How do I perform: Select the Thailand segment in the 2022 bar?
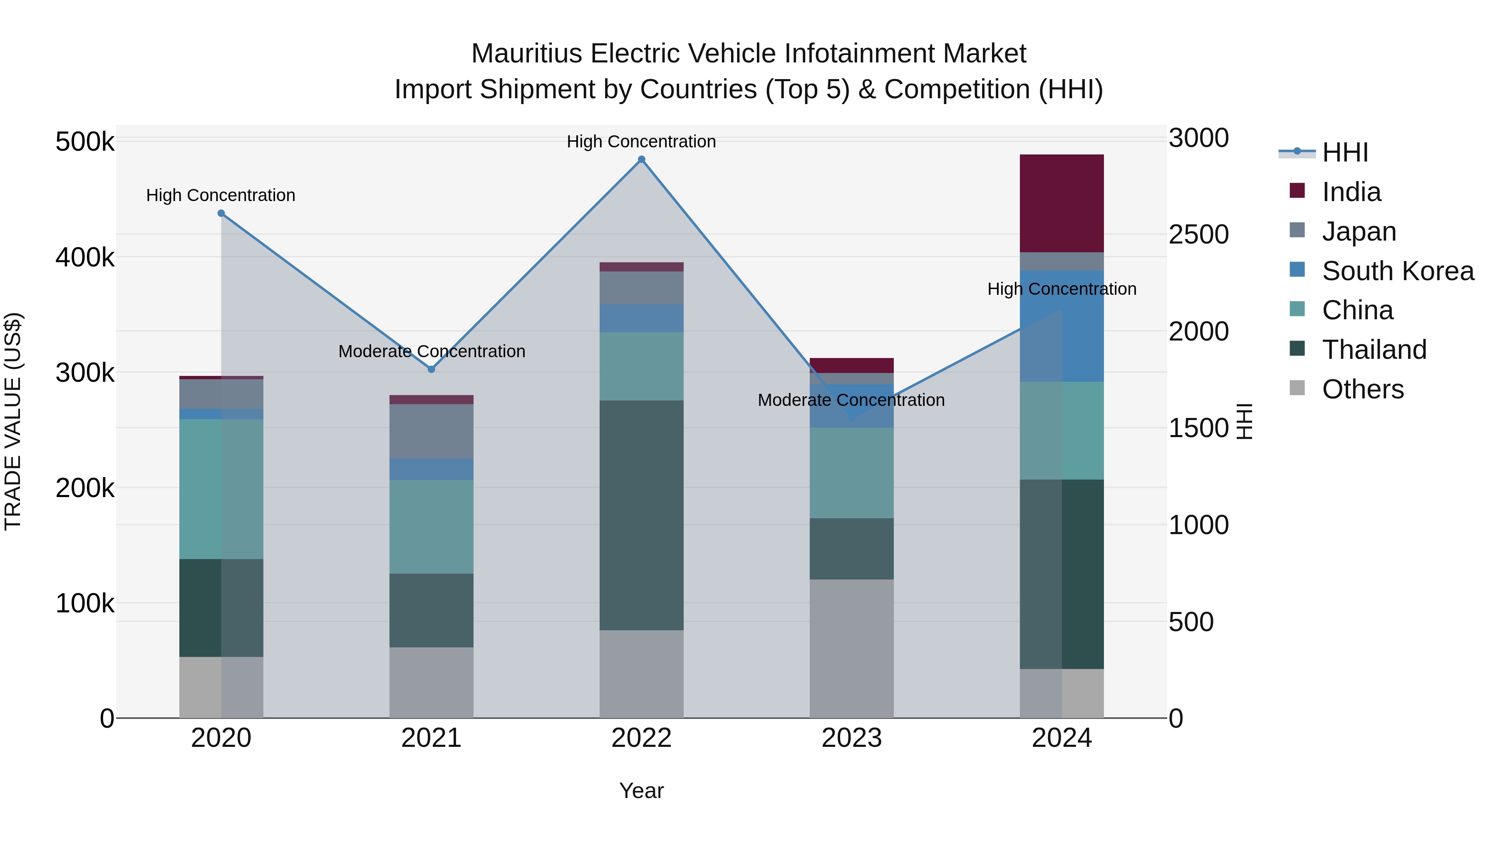(641, 515)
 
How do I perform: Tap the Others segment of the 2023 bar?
(851, 648)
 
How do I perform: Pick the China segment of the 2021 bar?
(431, 527)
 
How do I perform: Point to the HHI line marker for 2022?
(641, 159)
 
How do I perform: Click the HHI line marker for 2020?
(221, 214)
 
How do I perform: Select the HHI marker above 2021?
(431, 369)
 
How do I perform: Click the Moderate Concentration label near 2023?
(851, 400)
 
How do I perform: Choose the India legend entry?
(1351, 192)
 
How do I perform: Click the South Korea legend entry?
(1397, 271)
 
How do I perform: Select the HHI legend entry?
(1344, 152)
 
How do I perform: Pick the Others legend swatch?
(1297, 388)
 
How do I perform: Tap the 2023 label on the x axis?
(851, 738)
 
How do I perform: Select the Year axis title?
(641, 791)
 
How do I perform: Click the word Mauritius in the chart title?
(526, 54)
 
